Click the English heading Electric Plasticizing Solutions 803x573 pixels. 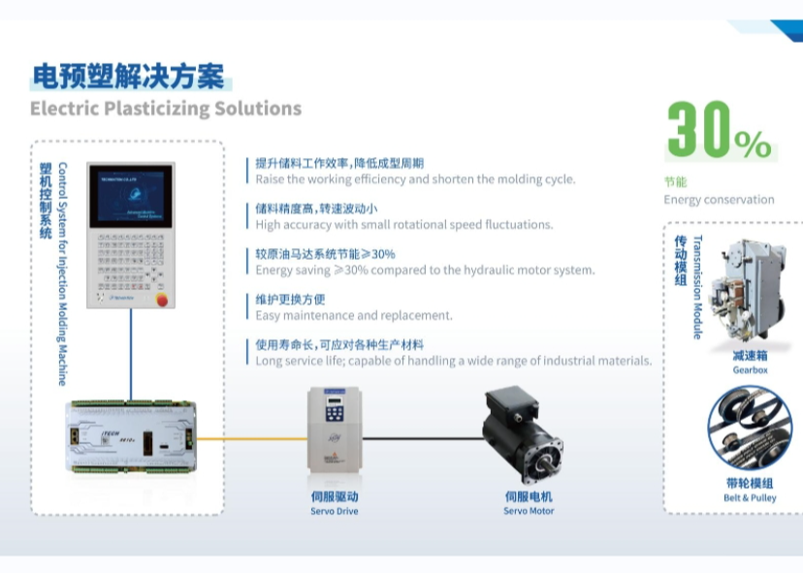[x=165, y=109]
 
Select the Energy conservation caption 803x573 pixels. [x=719, y=200]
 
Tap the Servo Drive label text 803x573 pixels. [x=335, y=511]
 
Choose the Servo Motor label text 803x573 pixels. [x=529, y=511]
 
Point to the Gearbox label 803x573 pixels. [x=750, y=370]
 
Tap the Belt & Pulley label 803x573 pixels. [x=750, y=498]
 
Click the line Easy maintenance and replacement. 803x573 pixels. [x=354, y=315]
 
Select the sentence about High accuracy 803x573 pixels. [x=403, y=225]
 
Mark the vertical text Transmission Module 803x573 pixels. [x=697, y=287]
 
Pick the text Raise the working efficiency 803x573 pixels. [x=415, y=179]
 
